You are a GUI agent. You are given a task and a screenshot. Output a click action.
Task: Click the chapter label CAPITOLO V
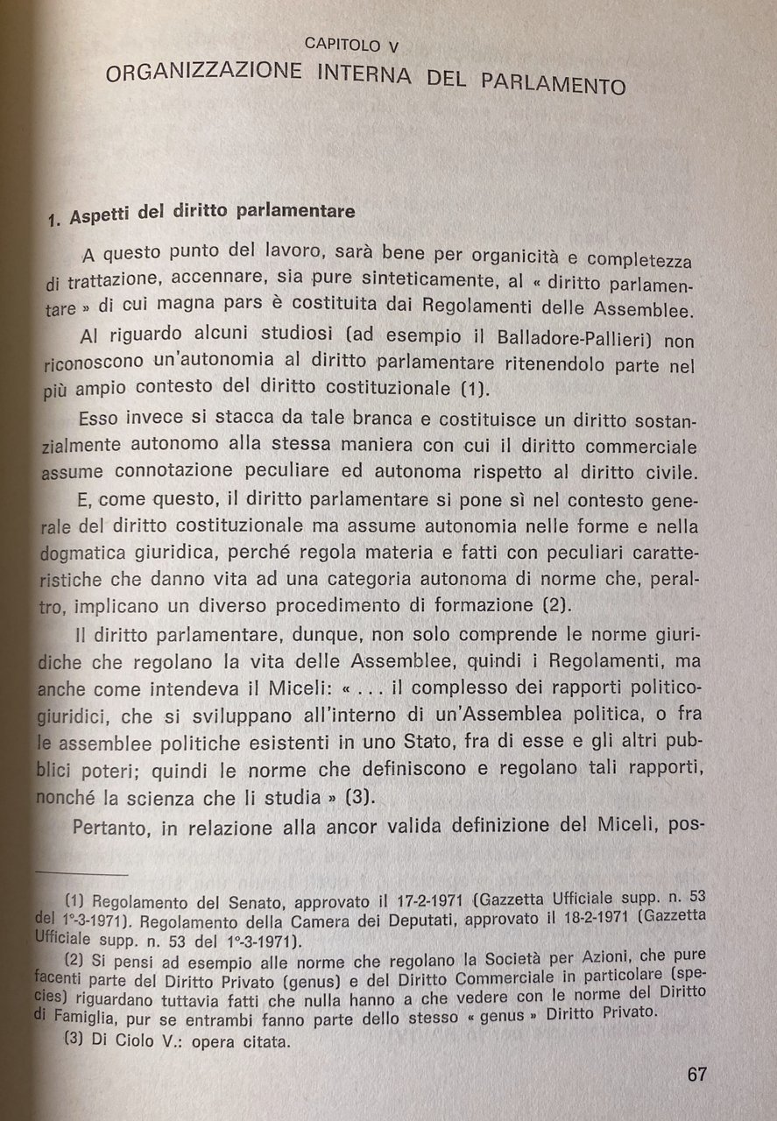[x=352, y=43]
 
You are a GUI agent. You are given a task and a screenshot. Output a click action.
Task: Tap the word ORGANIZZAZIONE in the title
[x=201, y=72]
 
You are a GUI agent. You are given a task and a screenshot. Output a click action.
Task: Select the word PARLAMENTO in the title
[x=554, y=83]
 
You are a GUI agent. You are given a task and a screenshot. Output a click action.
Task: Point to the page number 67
[x=697, y=1075]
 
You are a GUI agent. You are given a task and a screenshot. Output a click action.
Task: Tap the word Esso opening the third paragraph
[x=98, y=419]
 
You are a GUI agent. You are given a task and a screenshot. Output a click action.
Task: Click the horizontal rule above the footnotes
[x=83, y=873]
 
